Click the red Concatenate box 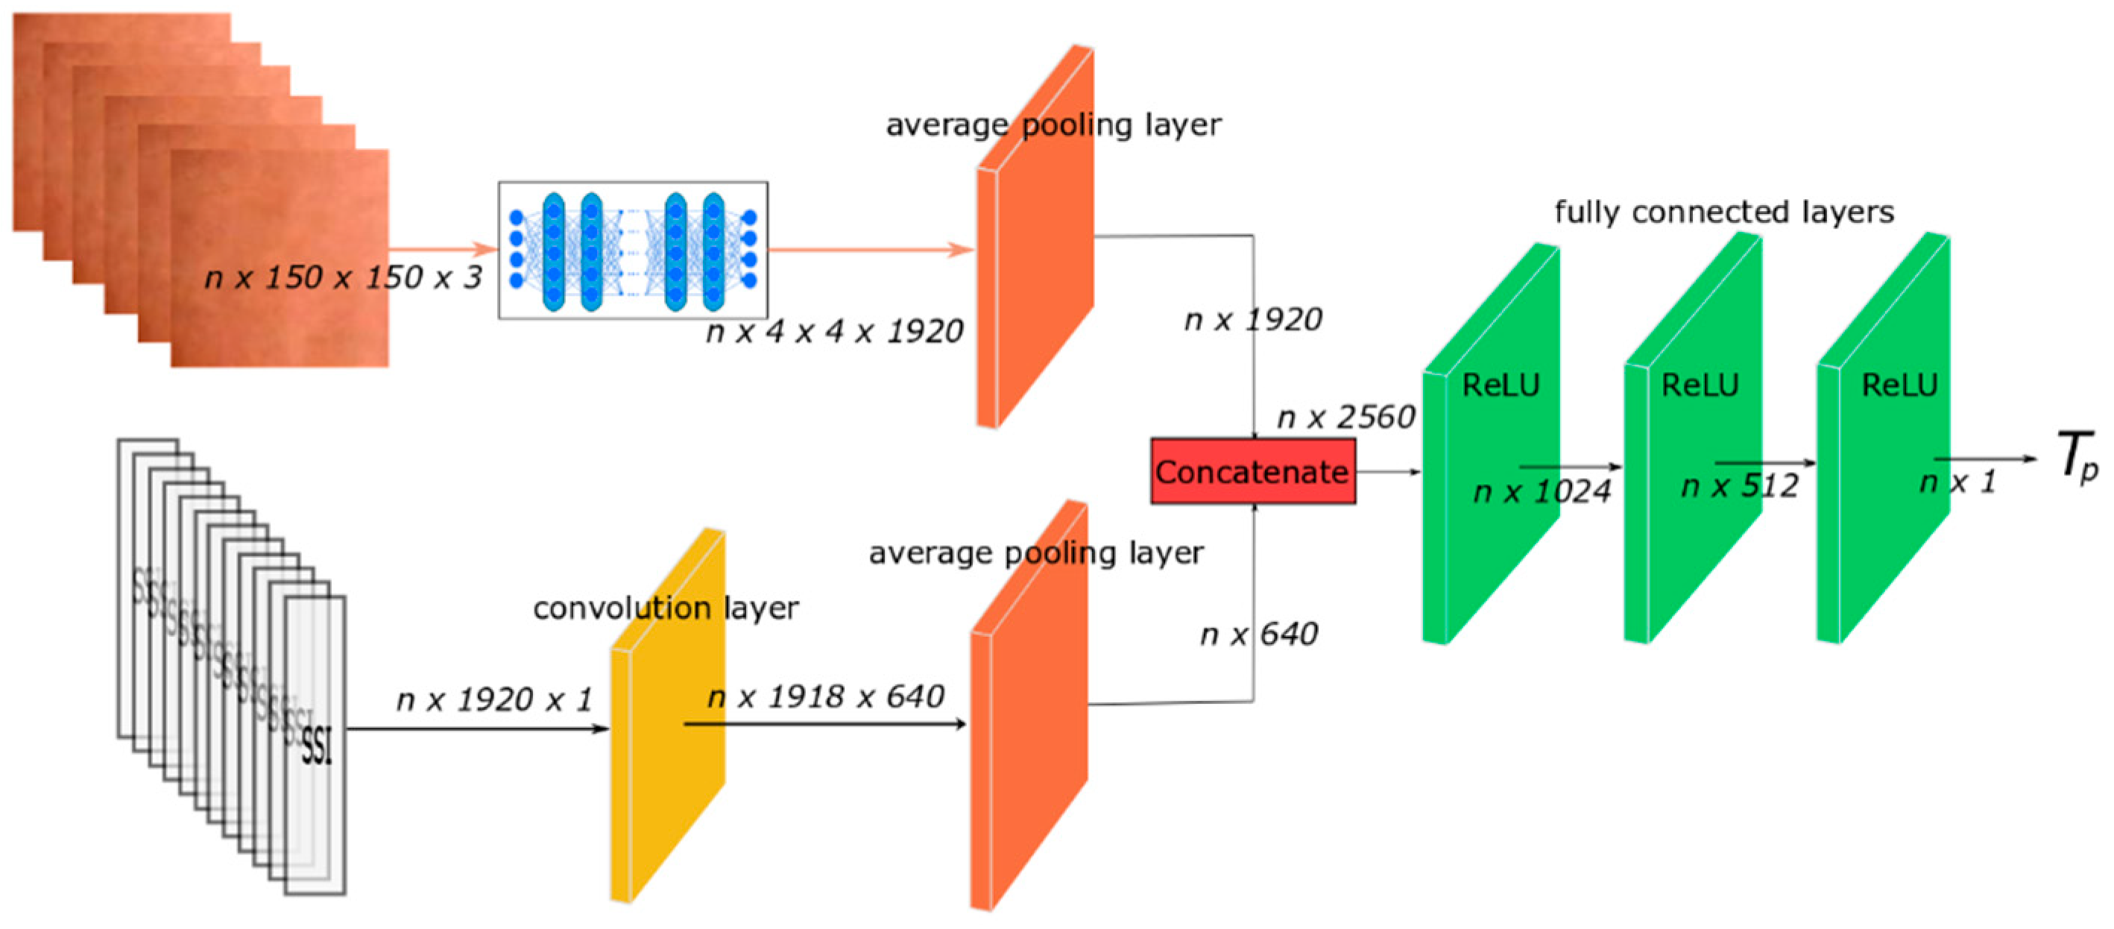point(1252,471)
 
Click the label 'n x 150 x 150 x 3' point(343,277)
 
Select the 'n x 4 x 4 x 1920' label point(834,332)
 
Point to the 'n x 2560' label point(1346,418)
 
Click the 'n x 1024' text point(1542,491)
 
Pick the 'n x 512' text point(1740,486)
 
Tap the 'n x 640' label point(1259,634)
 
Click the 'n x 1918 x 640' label point(826,696)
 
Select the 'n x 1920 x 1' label point(494,700)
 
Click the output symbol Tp point(2078,457)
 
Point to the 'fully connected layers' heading point(1723,212)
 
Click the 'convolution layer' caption point(666,608)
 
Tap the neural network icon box point(633,251)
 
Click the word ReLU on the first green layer point(1501,385)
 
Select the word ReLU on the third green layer point(1899,385)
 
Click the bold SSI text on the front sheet point(317,747)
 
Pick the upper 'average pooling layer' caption point(1054,125)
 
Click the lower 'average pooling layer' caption point(1035,553)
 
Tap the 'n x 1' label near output point(1957,482)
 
